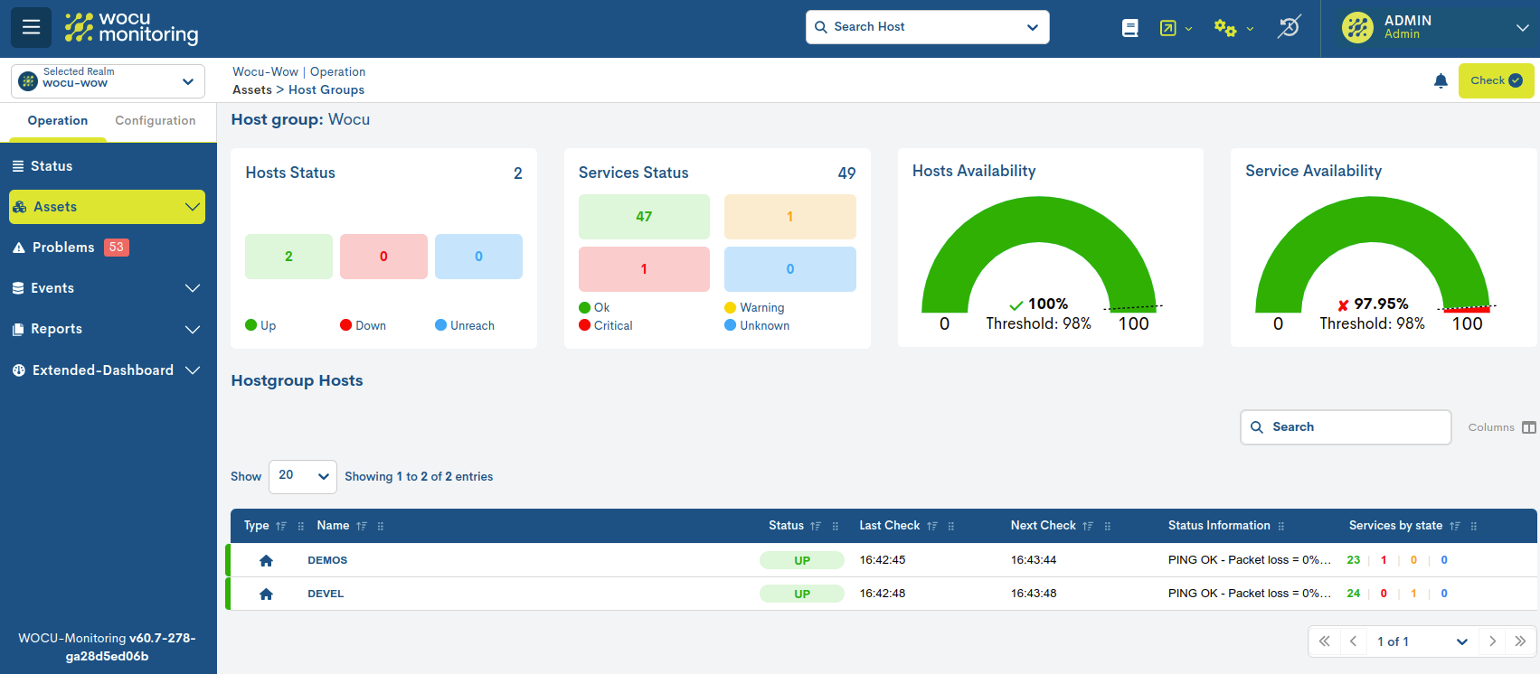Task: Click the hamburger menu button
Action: [x=31, y=27]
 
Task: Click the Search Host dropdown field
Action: [x=927, y=27]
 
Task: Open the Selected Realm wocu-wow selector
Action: [x=108, y=81]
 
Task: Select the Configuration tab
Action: [x=155, y=121]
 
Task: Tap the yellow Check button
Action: [x=1496, y=80]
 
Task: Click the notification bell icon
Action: [x=1441, y=81]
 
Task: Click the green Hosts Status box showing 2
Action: [x=288, y=257]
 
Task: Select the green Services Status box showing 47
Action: [x=644, y=217]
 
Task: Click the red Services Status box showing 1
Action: [x=644, y=269]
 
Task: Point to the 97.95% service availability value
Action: [x=1380, y=304]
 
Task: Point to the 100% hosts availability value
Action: [x=1047, y=304]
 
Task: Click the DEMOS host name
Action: [x=327, y=560]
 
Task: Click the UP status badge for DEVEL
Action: [x=801, y=594]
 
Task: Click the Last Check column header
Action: [x=889, y=526]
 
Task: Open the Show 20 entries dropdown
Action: [x=302, y=476]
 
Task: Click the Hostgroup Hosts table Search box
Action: [x=1346, y=427]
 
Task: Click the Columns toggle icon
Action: [x=1528, y=427]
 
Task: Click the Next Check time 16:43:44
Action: [x=1033, y=560]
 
